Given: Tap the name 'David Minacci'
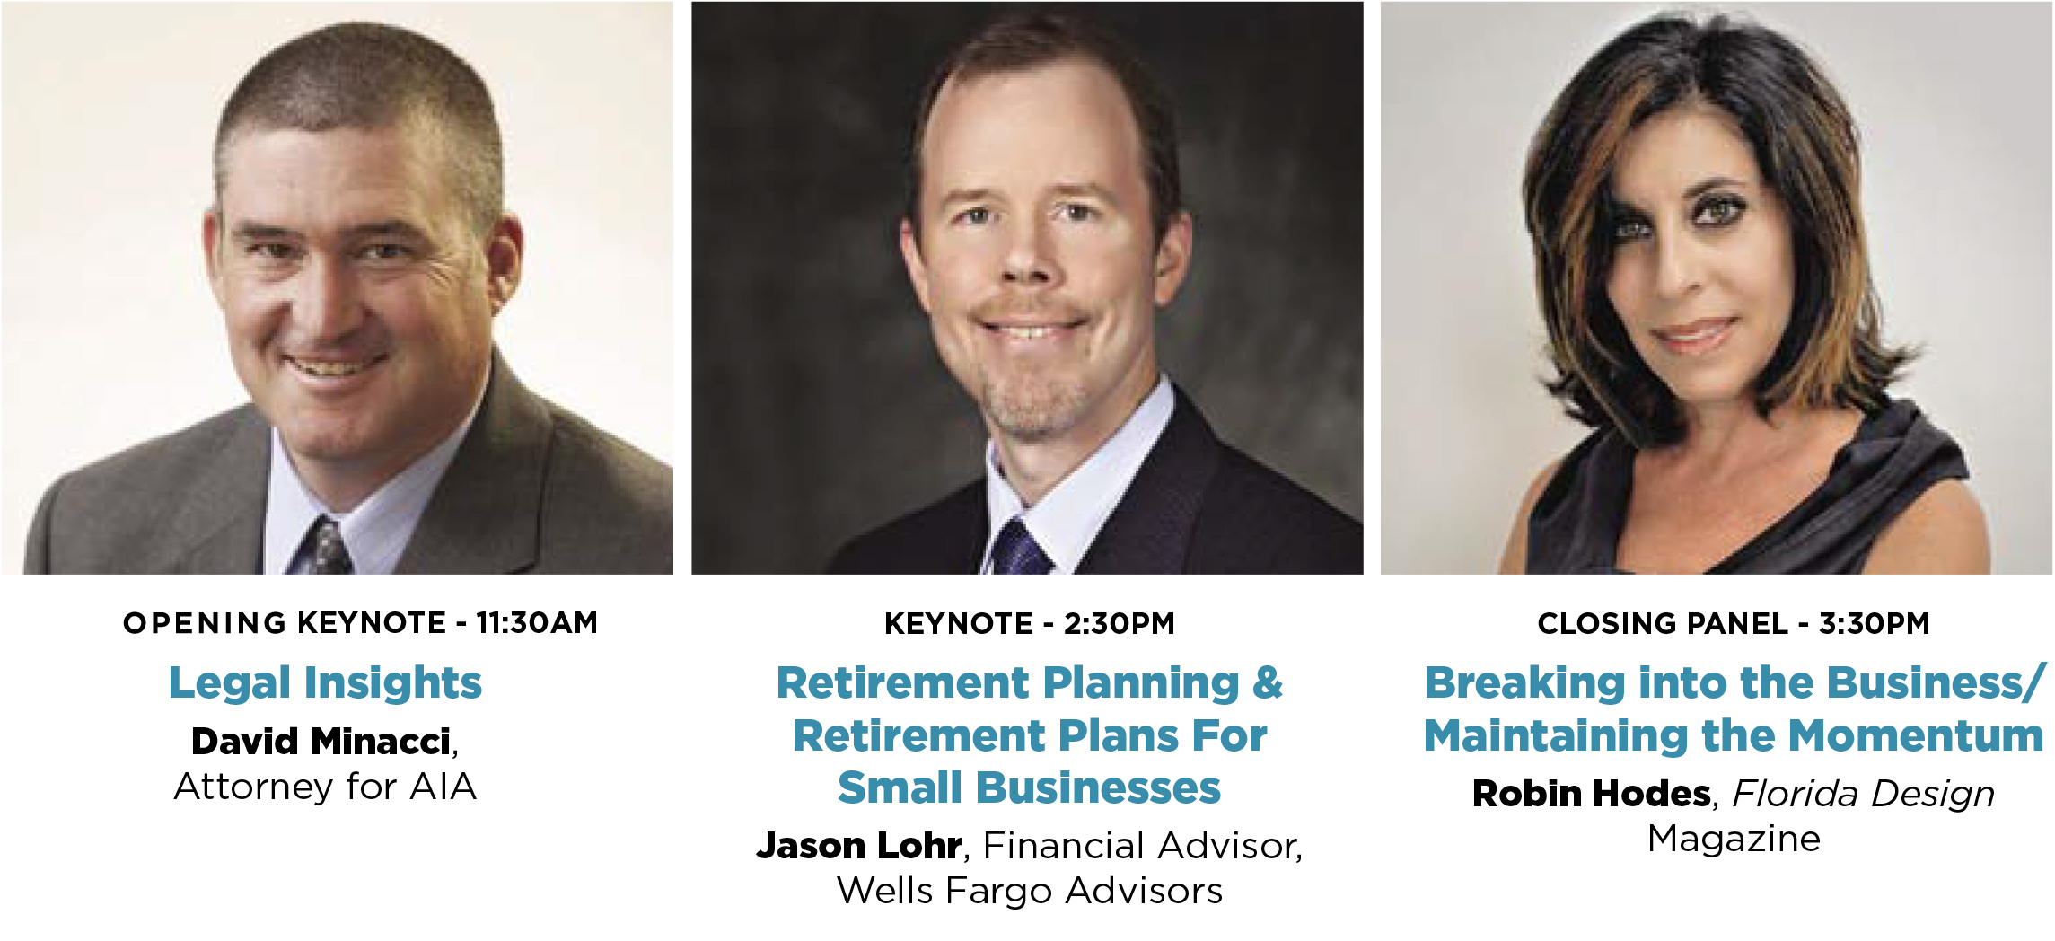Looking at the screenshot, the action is point(321,741).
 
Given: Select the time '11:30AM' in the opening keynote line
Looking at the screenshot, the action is point(537,622).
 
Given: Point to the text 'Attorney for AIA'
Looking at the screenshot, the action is point(325,787).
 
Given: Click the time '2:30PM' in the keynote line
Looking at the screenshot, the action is point(1119,623).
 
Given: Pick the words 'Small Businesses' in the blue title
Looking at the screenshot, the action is point(1029,787).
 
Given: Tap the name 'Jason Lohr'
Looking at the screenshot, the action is point(859,845).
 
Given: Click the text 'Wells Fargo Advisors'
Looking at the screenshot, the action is point(1030,891).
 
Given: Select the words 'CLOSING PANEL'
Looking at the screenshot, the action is point(1663,623).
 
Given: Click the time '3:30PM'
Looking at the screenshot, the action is point(1875,623).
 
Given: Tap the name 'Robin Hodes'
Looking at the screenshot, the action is point(1592,794).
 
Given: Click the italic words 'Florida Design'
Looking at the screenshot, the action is point(1864,794).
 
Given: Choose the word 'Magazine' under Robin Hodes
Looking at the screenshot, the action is point(1734,839).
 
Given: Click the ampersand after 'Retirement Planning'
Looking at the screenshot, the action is point(1268,682).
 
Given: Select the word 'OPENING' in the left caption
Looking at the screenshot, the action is point(205,622).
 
